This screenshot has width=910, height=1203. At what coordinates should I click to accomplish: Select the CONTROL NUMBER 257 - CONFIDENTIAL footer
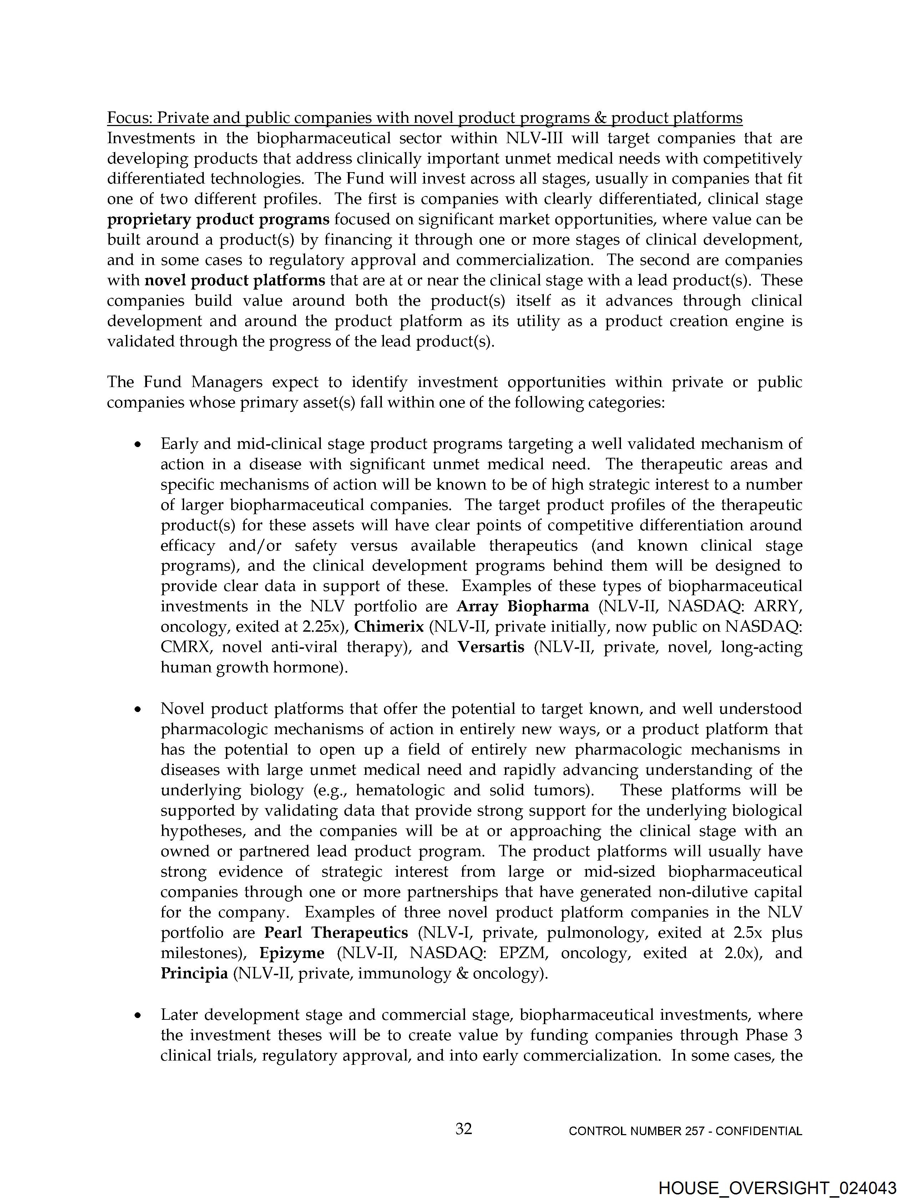[685, 1131]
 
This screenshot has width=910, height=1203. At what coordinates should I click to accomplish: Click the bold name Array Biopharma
[522, 606]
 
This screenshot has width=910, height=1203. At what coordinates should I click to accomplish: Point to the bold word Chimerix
[389, 627]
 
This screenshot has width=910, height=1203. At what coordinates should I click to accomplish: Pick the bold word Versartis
[491, 647]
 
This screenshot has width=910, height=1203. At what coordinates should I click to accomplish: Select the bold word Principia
[194, 973]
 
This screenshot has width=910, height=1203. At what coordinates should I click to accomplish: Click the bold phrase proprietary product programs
[218, 220]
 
